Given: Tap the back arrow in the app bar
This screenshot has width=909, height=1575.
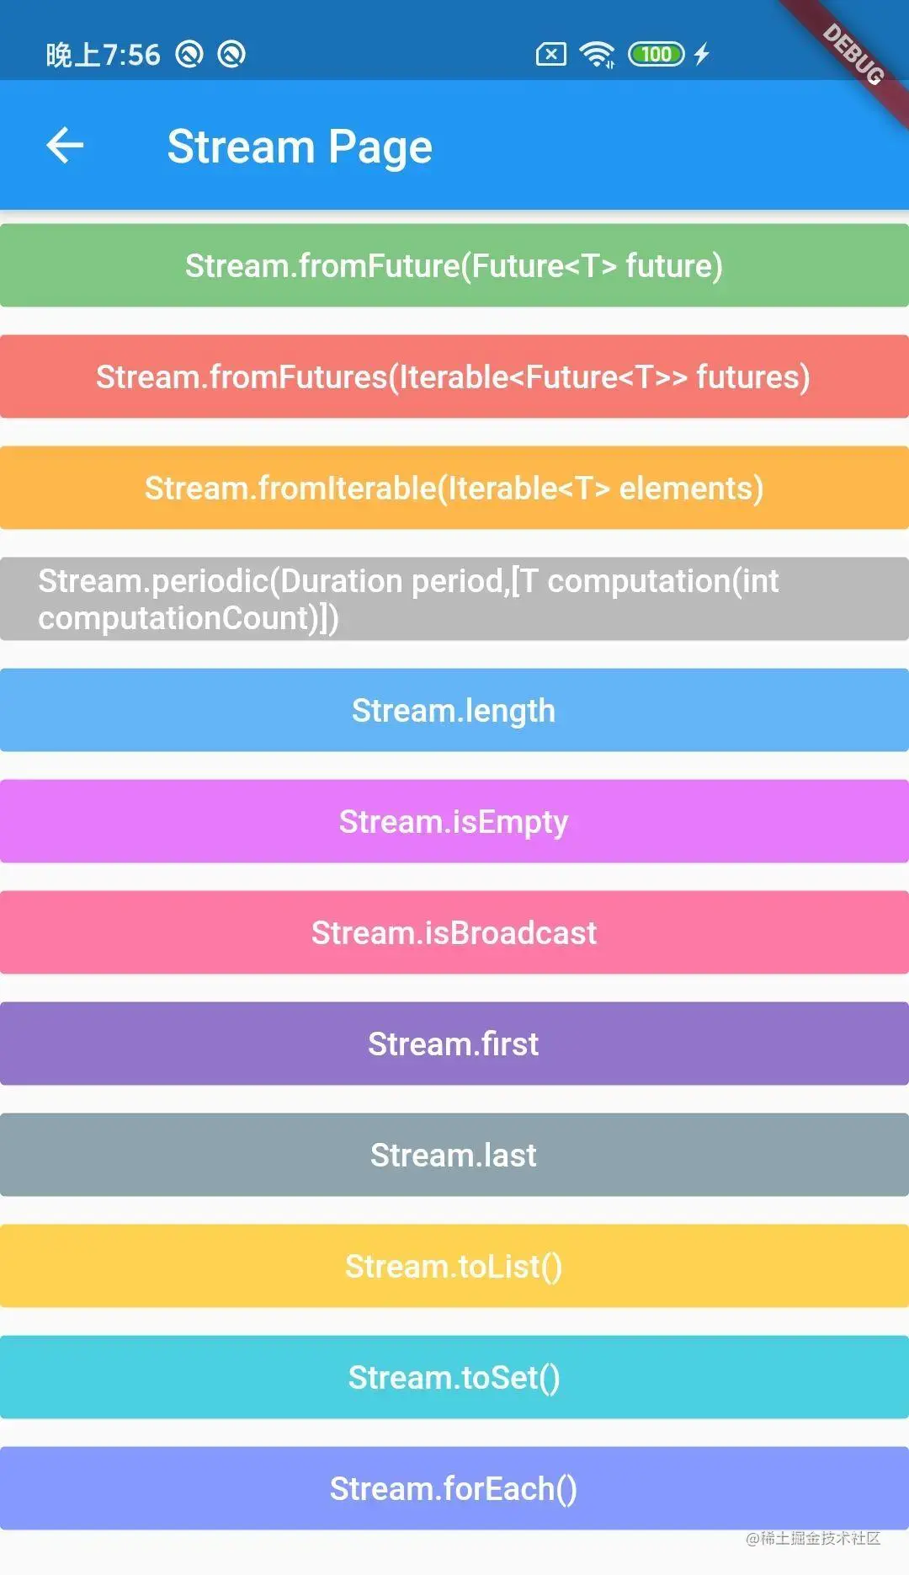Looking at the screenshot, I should pos(65,146).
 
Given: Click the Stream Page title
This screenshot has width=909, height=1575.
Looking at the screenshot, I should pos(300,147).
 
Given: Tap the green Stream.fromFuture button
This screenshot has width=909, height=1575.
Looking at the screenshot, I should pos(454,265).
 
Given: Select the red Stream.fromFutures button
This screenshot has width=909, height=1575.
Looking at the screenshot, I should pos(454,376).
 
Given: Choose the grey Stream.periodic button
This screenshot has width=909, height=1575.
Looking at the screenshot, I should pos(454,599).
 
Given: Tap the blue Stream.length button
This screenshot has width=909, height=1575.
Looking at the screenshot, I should pos(454,710).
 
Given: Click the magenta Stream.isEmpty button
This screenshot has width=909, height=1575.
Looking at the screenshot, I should pos(454,821).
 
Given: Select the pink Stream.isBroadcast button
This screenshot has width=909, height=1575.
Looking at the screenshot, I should pos(454,932).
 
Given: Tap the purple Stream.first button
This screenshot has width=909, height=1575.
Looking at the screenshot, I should pos(454,1044).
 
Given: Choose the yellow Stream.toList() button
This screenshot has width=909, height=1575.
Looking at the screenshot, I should pos(454,1266).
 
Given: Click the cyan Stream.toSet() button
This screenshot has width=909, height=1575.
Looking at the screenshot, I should pos(454,1377).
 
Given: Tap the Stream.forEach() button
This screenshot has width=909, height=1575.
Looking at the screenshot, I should pos(454,1488).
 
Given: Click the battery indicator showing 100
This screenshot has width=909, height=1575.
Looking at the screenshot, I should pos(656,55).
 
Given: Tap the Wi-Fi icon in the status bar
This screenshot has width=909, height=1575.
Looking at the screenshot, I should pos(597,55).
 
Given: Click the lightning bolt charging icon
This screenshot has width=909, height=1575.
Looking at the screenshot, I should pos(702,55).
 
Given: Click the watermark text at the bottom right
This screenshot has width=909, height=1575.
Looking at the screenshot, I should pos(813,1539).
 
